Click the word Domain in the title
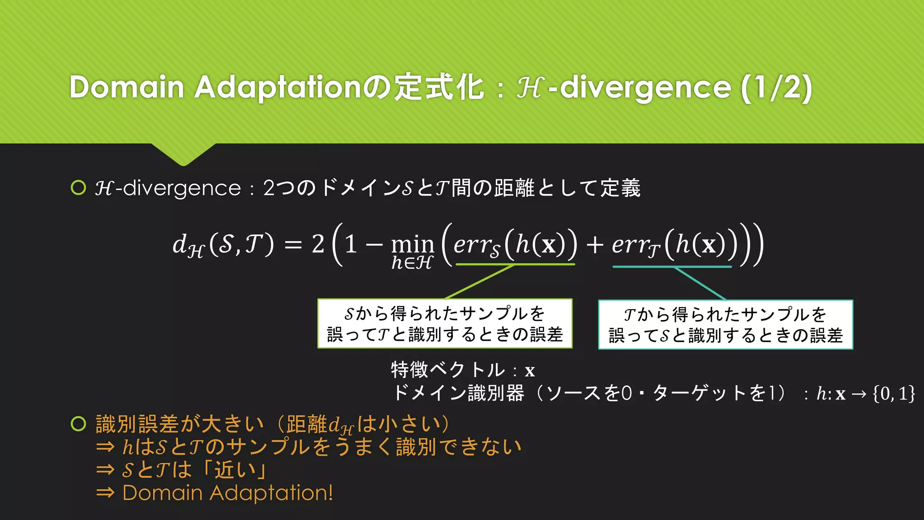tap(127, 87)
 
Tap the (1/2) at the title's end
tap(776, 88)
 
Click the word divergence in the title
tap(645, 88)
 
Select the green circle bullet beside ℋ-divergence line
tap(79, 188)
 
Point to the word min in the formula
tap(412, 245)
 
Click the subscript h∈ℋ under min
tap(412, 263)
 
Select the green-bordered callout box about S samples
tap(445, 324)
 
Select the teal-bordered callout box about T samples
tap(725, 325)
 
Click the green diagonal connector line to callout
tap(479, 282)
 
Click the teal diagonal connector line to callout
tap(700, 283)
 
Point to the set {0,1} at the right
tap(894, 394)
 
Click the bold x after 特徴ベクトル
tap(530, 371)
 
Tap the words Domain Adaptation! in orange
tap(227, 493)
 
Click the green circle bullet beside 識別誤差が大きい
tap(79, 424)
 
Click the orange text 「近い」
tap(234, 470)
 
